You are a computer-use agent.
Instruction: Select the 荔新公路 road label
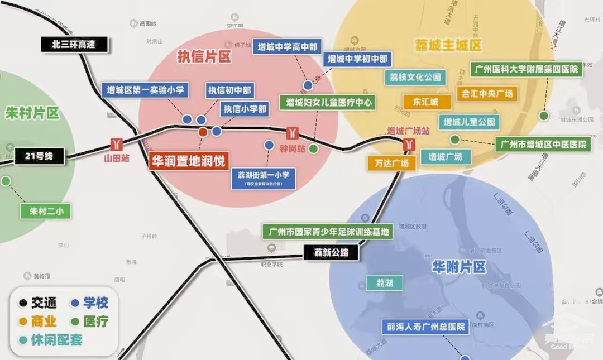point(331,253)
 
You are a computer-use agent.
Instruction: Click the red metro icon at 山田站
point(117,143)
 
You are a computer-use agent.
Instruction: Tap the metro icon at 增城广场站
point(409,144)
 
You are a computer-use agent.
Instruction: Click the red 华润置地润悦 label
point(188,161)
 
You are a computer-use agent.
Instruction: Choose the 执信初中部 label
point(229,90)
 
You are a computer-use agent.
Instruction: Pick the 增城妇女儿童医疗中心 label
point(329,103)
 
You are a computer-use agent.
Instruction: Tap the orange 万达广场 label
point(391,163)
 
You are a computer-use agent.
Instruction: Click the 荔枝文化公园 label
point(415,77)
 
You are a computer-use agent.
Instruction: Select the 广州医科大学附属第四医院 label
point(527,69)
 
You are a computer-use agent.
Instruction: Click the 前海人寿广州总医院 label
point(426,327)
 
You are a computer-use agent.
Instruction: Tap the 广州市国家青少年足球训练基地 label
point(328,231)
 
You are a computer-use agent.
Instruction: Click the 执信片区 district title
point(204,56)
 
